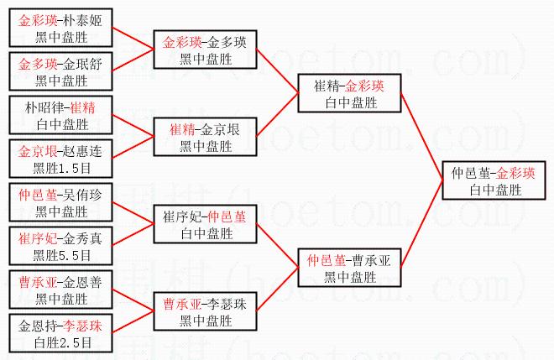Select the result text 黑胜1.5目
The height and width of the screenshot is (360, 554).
[61, 168]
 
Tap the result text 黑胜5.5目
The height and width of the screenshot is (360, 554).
[61, 254]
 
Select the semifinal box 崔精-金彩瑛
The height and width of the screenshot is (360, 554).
[349, 93]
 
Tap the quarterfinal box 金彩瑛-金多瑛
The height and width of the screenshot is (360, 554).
[205, 50]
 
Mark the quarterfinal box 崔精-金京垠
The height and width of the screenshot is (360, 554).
[205, 137]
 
